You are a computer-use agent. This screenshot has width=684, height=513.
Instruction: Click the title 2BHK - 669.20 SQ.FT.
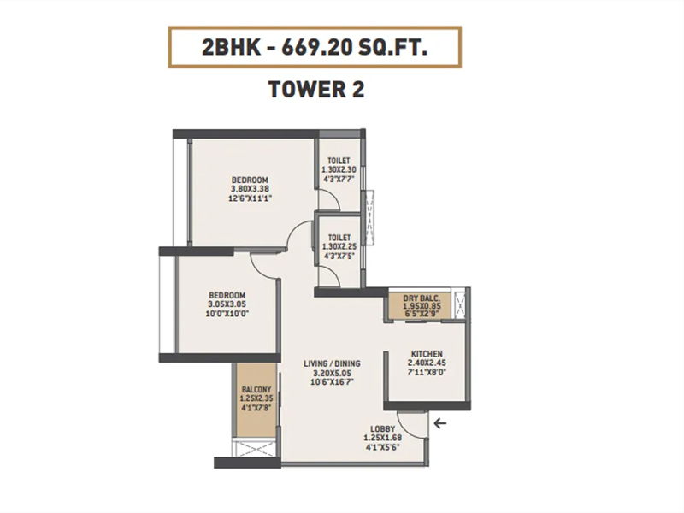point(315,47)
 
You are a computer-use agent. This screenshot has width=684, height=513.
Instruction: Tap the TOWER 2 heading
point(316,90)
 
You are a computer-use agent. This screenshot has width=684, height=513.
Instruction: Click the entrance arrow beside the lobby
point(440,423)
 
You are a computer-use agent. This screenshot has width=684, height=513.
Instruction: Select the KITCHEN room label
point(427,354)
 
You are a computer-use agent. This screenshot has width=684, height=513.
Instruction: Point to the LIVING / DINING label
point(332,363)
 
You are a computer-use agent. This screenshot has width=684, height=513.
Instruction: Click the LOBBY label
point(382,429)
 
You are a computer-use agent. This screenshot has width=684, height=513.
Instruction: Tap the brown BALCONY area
point(256,399)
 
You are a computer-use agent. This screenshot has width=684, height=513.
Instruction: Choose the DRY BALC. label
point(421,298)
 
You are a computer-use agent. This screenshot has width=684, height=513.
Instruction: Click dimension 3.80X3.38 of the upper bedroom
point(250,189)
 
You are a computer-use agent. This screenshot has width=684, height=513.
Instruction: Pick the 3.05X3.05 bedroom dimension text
point(227,304)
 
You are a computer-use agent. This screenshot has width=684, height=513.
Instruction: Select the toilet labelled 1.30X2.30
point(339,169)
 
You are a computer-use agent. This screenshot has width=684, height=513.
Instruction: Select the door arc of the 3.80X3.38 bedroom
point(293,230)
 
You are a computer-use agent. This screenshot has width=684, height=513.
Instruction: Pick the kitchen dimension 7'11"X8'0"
point(427,373)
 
